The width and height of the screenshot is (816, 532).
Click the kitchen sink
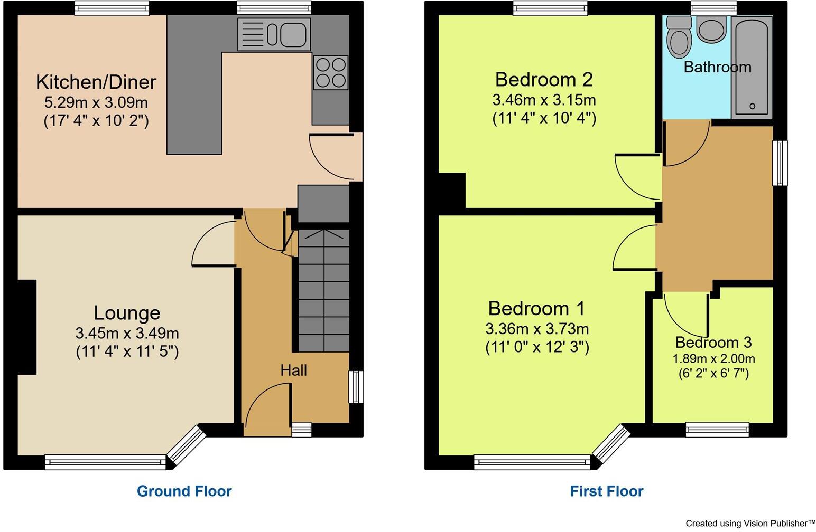274,34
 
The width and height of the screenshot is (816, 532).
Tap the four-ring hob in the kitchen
331,72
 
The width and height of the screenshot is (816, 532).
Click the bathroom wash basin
711,28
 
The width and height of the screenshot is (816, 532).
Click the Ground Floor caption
184,491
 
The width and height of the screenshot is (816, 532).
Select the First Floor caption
607,491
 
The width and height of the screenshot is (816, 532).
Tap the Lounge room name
127,313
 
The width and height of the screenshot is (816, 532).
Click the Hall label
293,370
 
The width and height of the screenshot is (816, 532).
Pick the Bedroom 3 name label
713,343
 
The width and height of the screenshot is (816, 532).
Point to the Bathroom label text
717,67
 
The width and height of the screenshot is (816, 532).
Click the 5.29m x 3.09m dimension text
96,102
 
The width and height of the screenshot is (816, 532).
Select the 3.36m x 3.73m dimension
537,329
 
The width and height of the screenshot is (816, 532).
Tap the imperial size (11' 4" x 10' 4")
544,118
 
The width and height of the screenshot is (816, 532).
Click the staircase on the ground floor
323,290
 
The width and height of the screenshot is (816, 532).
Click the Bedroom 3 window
717,430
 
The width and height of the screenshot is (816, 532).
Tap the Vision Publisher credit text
750,524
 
